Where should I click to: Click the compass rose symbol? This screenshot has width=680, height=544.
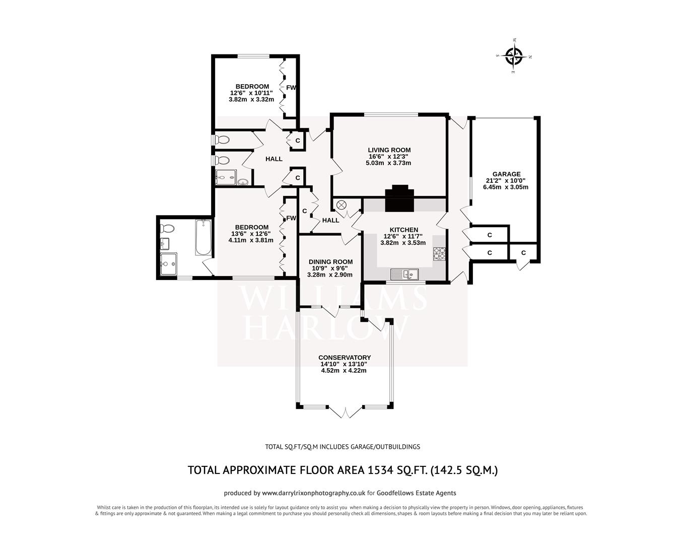(x=514, y=56)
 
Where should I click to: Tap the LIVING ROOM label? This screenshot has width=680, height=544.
(x=389, y=150)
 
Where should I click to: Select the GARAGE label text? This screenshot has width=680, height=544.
(x=506, y=174)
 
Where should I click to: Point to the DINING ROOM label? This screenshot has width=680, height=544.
(x=330, y=261)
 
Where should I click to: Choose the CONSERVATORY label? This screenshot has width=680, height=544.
(x=346, y=357)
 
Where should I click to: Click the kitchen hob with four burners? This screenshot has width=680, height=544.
(x=440, y=253)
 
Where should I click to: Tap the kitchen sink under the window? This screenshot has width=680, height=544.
(x=405, y=275)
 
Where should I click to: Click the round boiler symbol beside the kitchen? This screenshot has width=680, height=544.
(x=342, y=205)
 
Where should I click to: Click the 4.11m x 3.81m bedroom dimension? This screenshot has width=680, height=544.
(x=251, y=240)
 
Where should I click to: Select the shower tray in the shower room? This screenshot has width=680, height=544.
(x=226, y=177)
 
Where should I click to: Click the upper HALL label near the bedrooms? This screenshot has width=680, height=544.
(x=274, y=159)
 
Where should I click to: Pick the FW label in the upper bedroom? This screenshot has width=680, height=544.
(x=291, y=87)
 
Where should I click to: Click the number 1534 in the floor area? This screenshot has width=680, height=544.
(x=383, y=470)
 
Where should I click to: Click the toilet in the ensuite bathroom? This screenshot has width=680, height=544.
(x=167, y=229)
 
